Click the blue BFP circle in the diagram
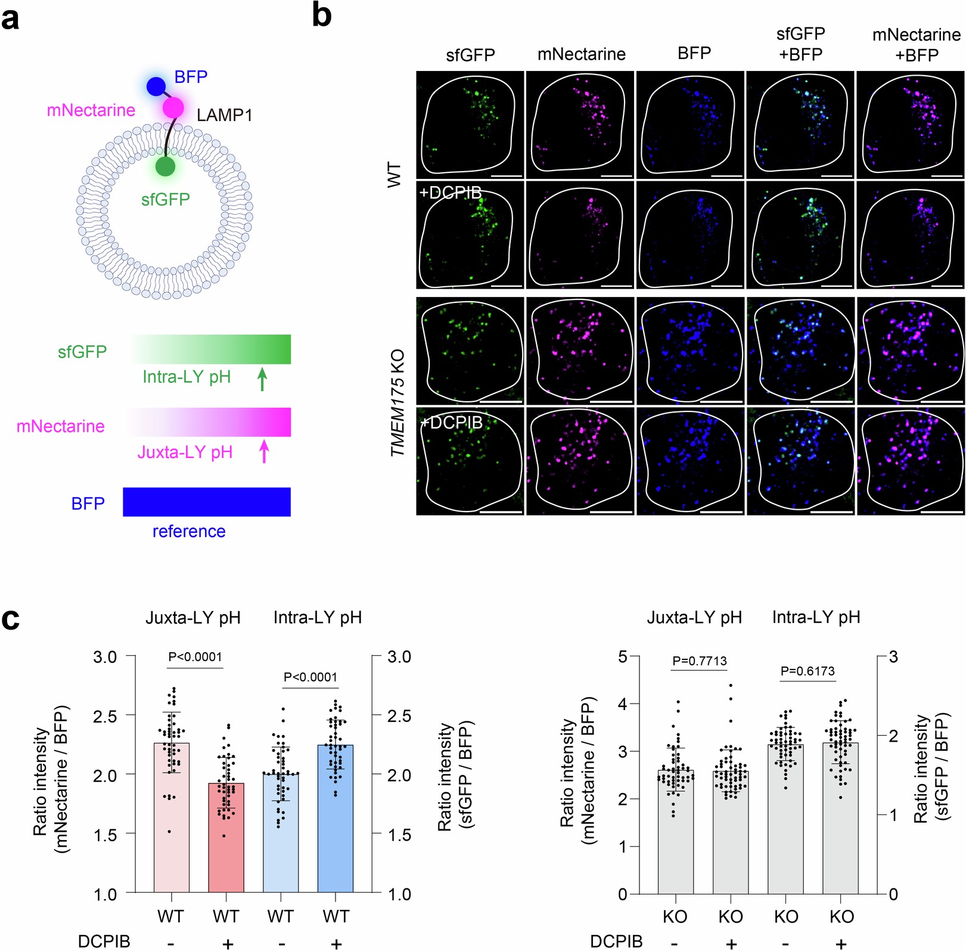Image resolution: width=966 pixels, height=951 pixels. [x=156, y=86]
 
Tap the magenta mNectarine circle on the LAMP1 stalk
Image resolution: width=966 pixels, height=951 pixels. [x=173, y=108]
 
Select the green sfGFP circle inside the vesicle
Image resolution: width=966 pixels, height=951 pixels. [x=165, y=166]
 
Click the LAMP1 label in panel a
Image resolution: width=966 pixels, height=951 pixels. [x=225, y=115]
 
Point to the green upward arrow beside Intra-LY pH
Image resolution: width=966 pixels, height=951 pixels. [x=262, y=379]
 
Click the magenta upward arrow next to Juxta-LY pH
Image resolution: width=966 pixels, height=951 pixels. [x=264, y=452]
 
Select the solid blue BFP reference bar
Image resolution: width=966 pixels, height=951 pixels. [x=206, y=501]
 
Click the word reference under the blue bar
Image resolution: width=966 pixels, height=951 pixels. [x=189, y=531]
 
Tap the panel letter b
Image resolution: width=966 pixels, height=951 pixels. [x=322, y=16]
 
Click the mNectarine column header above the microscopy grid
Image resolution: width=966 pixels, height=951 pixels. [x=581, y=54]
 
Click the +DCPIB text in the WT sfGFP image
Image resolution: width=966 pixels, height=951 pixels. [x=451, y=193]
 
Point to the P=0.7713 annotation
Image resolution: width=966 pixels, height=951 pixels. [x=700, y=661]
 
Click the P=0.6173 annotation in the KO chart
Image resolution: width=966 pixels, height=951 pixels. [x=807, y=671]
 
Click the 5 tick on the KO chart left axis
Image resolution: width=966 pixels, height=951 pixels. [x=623, y=656]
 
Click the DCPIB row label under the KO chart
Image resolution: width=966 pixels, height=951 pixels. [x=616, y=941]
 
